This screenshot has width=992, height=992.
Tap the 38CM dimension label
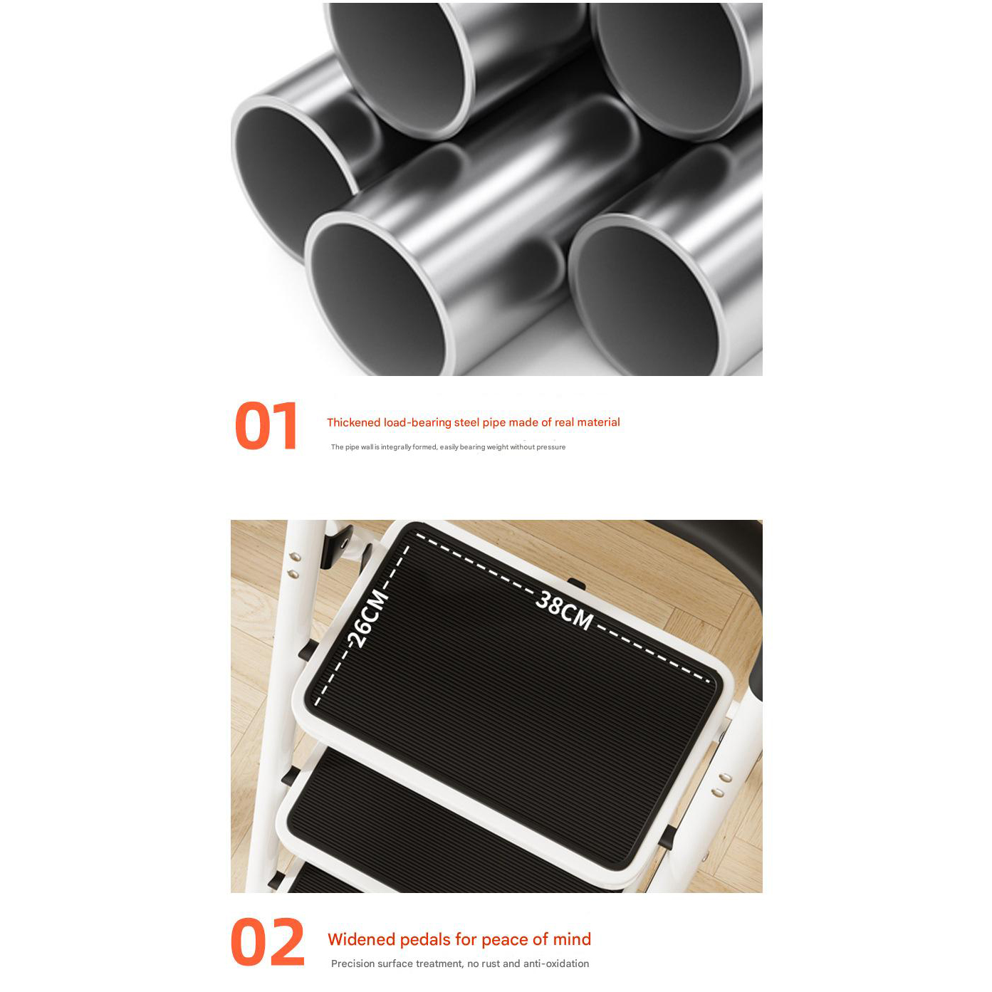[564, 610]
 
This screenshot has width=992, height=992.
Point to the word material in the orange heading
[598, 422]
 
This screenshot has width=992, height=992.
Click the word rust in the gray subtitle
[489, 964]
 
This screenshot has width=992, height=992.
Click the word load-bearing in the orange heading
[417, 423]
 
